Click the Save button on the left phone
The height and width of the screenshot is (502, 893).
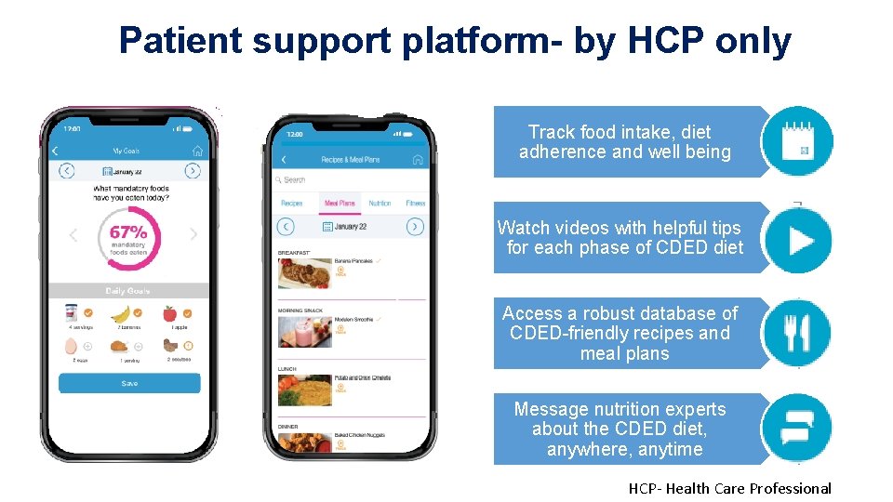129,383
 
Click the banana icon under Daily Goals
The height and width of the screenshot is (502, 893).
120,314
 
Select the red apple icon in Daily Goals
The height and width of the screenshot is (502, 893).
169,314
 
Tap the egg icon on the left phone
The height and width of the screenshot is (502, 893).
71,346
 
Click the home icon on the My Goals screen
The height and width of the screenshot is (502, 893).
197,151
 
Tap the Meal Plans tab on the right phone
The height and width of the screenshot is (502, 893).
340,203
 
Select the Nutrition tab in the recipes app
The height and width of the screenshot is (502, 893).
380,203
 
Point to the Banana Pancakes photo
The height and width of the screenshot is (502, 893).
304,272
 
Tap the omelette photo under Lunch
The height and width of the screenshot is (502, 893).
304,389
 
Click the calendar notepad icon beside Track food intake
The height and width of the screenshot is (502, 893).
796,142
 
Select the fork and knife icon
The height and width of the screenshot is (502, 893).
796,333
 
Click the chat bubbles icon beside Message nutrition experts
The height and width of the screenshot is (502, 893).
796,429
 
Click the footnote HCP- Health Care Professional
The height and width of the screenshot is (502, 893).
729,489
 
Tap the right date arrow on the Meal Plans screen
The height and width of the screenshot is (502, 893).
415,227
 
